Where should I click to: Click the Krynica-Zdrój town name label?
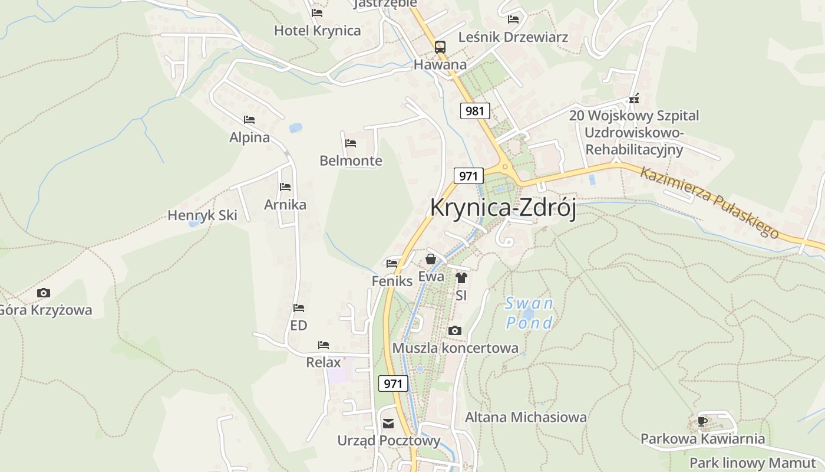pyautogui.click(x=503, y=208)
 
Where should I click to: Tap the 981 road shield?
pyautogui.click(x=475, y=110)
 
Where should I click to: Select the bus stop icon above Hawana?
pyautogui.click(x=440, y=47)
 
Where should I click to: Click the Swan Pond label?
pyautogui.click(x=529, y=313)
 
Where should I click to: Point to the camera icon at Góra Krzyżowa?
pyautogui.click(x=44, y=293)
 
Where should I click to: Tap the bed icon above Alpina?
pyautogui.click(x=249, y=120)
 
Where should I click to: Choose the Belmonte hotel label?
pyautogui.click(x=351, y=160)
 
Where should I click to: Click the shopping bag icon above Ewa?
pyautogui.click(x=431, y=259)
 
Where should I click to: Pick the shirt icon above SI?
pyautogui.click(x=461, y=277)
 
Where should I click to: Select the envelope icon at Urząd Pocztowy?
pyautogui.click(x=388, y=423)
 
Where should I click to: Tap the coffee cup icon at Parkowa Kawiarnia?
pyautogui.click(x=702, y=421)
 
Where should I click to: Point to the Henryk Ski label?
pyautogui.click(x=202, y=215)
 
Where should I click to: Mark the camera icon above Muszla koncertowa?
pyautogui.click(x=454, y=330)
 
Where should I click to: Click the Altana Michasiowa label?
pyautogui.click(x=526, y=417)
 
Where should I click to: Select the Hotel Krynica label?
pyautogui.click(x=317, y=31)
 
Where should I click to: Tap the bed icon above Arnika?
pyautogui.click(x=285, y=187)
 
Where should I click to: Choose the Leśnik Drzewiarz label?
pyautogui.click(x=513, y=37)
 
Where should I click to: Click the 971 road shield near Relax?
pyautogui.click(x=392, y=383)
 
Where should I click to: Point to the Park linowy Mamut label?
pyautogui.click(x=752, y=463)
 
